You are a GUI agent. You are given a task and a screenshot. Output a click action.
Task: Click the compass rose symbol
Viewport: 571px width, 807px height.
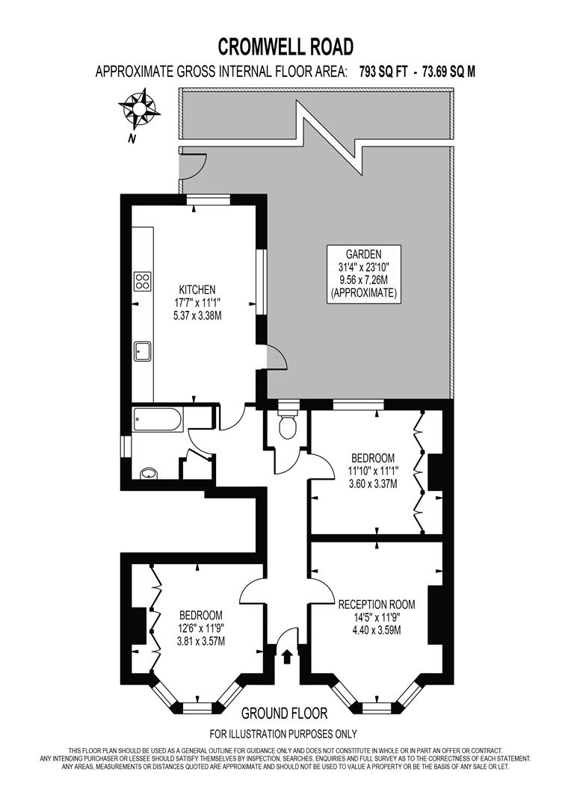pyautogui.click(x=138, y=108)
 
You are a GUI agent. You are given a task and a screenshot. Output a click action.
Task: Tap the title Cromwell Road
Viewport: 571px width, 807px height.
pyautogui.click(x=285, y=47)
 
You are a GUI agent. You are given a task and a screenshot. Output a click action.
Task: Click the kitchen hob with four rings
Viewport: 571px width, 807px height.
pyautogui.click(x=143, y=281)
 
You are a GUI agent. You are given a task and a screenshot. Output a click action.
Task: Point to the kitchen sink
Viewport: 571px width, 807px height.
pyautogui.click(x=143, y=350)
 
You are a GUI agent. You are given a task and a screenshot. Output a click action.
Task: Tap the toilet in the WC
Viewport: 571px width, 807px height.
pyautogui.click(x=286, y=425)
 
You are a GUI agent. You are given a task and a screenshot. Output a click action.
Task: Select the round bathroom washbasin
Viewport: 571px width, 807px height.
pyautogui.click(x=148, y=473)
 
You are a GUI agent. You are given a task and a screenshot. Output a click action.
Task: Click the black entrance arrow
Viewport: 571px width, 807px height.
pyautogui.click(x=288, y=656)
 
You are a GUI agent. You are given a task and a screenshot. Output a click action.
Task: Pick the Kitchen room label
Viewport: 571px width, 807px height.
pyautogui.click(x=197, y=289)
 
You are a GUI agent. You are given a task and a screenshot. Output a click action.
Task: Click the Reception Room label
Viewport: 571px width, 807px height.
pyautogui.click(x=376, y=604)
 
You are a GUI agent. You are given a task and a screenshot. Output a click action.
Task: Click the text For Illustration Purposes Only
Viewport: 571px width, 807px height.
pyautogui.click(x=283, y=734)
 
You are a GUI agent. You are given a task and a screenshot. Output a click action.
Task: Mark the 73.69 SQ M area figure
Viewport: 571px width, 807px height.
pyautogui.click(x=448, y=72)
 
